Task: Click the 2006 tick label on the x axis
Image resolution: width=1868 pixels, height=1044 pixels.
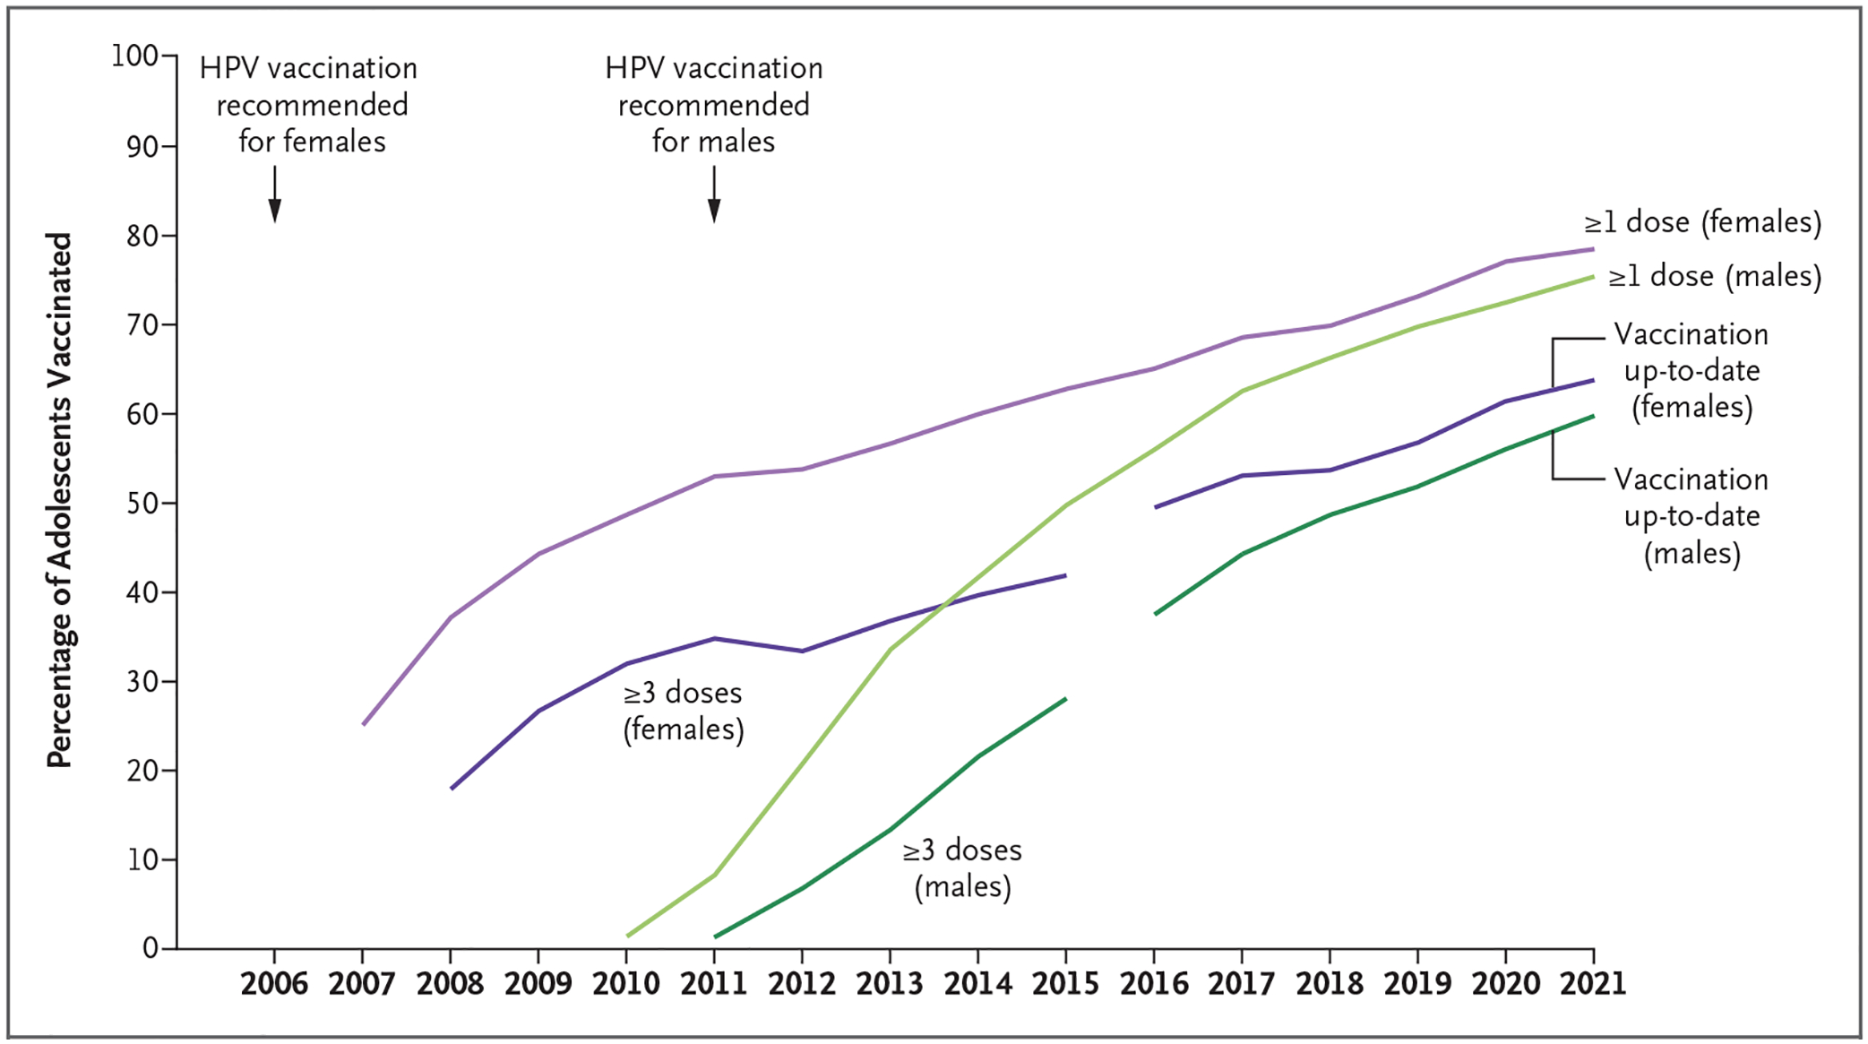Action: click(x=274, y=984)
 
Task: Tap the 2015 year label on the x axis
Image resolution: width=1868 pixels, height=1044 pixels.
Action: click(x=1065, y=984)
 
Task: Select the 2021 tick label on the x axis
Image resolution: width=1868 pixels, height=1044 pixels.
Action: click(x=1593, y=984)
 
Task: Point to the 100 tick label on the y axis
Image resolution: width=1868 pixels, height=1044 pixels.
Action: click(x=134, y=56)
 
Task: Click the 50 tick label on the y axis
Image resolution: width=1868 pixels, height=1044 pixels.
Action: click(x=142, y=503)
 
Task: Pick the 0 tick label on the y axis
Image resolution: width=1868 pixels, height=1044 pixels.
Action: click(x=151, y=948)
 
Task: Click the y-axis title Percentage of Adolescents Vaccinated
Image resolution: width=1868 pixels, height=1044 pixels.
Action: click(x=59, y=500)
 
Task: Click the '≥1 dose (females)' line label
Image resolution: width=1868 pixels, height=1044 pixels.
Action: click(x=1702, y=222)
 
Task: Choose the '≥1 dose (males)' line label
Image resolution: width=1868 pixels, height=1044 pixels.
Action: click(x=1715, y=276)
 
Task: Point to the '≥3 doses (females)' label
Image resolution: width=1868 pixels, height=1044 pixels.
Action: click(x=684, y=711)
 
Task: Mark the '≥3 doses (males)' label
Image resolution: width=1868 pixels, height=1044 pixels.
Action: click(x=962, y=867)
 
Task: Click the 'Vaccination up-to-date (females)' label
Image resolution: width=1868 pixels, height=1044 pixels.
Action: click(x=1692, y=371)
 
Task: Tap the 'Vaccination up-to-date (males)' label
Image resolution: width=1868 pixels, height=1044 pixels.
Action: click(x=1692, y=516)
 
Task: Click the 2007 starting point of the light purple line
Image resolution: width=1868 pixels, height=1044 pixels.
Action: click(x=363, y=724)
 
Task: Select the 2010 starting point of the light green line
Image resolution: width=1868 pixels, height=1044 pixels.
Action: click(x=627, y=936)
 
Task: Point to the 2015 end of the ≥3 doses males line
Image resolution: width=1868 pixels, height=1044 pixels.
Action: click(x=1065, y=699)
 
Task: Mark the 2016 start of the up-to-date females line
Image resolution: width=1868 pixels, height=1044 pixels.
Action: click(x=1156, y=507)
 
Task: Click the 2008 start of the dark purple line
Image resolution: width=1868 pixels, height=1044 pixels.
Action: click(x=452, y=789)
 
